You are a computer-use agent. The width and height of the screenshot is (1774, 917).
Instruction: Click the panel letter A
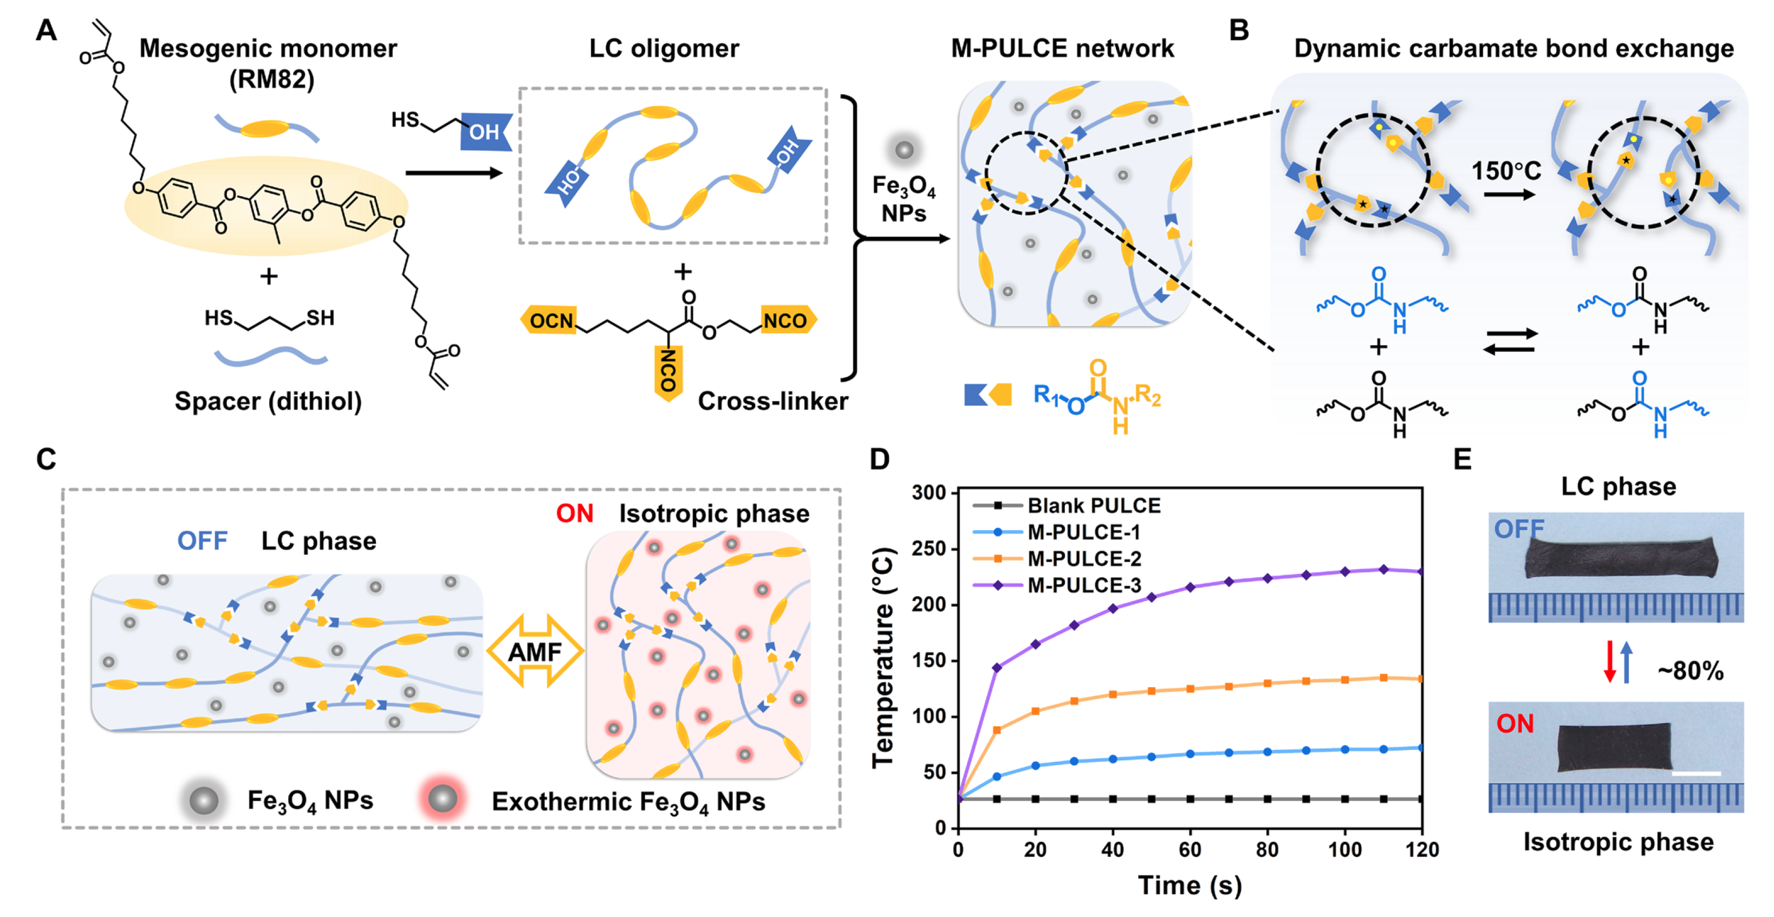click(46, 30)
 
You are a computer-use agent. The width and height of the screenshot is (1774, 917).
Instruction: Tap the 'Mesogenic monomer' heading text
click(268, 49)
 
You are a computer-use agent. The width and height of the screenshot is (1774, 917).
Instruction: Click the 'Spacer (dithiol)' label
click(268, 401)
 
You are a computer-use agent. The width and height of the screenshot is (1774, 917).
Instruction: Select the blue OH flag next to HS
click(486, 131)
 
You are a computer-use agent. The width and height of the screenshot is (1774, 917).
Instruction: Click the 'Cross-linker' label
click(772, 401)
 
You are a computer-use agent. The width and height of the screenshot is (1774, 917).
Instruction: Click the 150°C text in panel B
click(1506, 171)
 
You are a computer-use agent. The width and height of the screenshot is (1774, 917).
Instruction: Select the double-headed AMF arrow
click(535, 651)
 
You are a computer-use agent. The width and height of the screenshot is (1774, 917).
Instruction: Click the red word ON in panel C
click(574, 513)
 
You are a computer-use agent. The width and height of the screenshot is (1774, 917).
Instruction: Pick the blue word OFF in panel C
click(203, 541)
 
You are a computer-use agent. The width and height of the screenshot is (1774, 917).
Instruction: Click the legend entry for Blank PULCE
click(1093, 506)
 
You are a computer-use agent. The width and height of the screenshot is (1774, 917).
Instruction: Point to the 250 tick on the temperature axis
click(929, 549)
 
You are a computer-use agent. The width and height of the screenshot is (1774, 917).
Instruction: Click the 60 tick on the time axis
click(1190, 849)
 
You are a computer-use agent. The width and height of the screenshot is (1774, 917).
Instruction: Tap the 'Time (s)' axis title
click(1190, 884)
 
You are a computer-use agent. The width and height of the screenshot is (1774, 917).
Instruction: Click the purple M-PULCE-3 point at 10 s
click(997, 668)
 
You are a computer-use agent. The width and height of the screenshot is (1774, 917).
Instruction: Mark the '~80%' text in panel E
click(1690, 670)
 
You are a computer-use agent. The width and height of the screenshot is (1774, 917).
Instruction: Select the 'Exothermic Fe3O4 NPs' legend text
click(628, 801)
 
